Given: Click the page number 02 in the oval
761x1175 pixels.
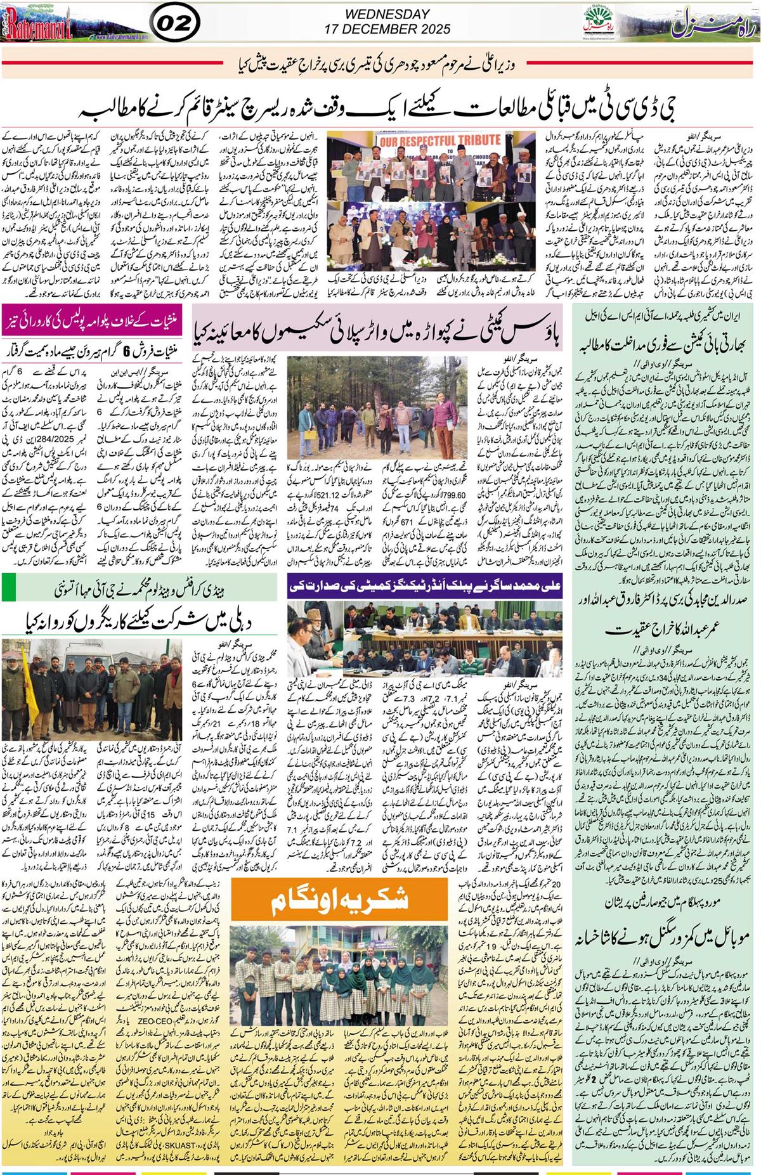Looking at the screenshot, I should pyautogui.click(x=173, y=23).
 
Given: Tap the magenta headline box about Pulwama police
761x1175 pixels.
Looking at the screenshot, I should pyautogui.click(x=96, y=313).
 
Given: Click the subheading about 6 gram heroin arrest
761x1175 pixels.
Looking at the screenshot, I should pyautogui.click(x=96, y=332).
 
